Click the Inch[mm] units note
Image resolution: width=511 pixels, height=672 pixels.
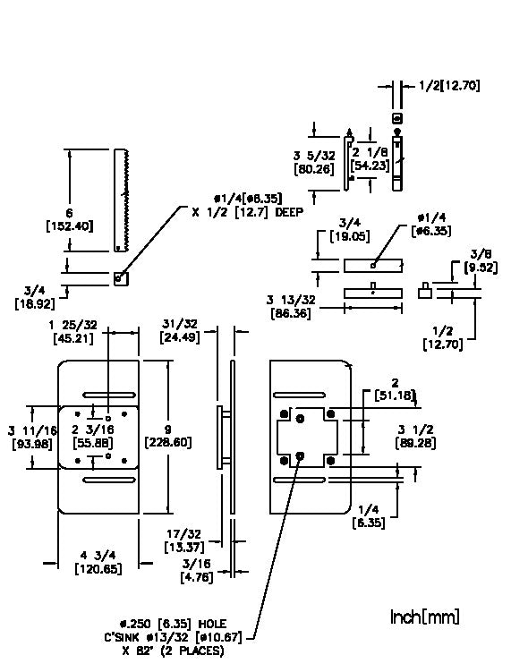425,617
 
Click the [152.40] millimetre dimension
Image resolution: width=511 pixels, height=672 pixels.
70,226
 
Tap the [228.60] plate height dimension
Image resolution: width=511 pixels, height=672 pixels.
168,442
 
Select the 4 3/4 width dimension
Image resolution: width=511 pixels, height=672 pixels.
98,556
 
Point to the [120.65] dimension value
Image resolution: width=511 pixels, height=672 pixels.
98,569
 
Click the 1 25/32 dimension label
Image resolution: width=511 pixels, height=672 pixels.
72,326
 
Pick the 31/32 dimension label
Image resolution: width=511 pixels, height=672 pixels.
180,324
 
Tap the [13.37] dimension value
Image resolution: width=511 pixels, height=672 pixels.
184,547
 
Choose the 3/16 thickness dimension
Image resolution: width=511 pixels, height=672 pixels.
196,564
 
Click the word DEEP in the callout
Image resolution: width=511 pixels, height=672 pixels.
289,212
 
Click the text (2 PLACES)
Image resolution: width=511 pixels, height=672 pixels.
192,651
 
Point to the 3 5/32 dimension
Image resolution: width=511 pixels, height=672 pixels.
314,155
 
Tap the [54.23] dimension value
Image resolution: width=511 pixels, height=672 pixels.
370,166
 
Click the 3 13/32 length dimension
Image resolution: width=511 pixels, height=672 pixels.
291,300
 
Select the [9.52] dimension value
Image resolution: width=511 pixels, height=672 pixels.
481,268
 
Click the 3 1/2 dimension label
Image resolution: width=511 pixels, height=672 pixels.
415,430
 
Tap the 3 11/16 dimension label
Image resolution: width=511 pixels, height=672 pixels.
32,430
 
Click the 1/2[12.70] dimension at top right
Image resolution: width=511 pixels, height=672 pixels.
449,86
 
